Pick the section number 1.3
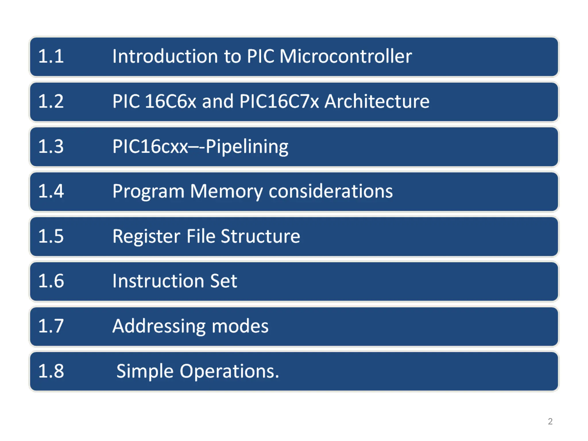pyautogui.click(x=51, y=146)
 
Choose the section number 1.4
pyautogui.click(x=51, y=191)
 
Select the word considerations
pyautogui.click(x=330, y=191)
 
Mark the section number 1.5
pyautogui.click(x=51, y=236)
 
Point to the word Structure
pyautogui.click(x=260, y=236)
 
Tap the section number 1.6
pyautogui.click(x=51, y=281)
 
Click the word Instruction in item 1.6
pyautogui.click(x=158, y=281)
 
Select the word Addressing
pyautogui.click(x=159, y=326)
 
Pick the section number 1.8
pyautogui.click(x=51, y=371)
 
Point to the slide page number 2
pyautogui.click(x=550, y=421)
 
